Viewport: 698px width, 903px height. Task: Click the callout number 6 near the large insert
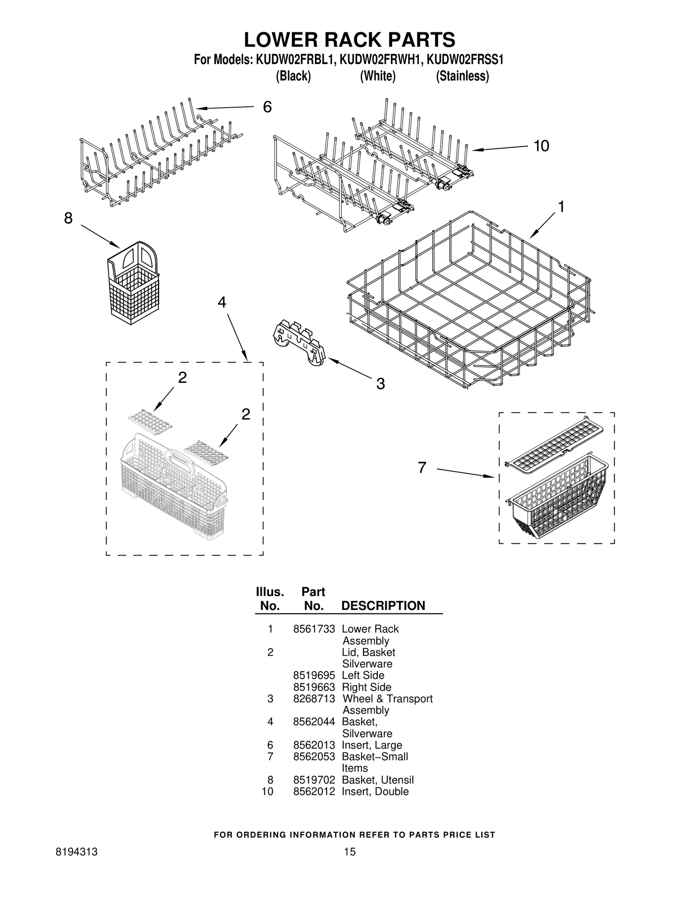267,107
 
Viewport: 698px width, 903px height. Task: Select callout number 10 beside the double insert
541,146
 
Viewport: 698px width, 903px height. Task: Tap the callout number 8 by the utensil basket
68,218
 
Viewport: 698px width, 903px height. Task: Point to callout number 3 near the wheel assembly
380,384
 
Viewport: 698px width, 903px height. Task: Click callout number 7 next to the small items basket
421,468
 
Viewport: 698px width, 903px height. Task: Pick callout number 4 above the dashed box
222,302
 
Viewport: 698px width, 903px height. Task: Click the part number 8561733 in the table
314,629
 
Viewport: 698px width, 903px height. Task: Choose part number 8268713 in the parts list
314,699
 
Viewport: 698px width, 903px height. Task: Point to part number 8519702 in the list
314,780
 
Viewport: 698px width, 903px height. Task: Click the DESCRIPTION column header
383,606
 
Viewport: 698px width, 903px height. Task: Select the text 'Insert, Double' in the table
375,791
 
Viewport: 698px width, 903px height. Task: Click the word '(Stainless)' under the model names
462,76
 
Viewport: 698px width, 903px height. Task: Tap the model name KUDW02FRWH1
380,60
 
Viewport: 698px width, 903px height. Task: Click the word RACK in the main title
343,40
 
